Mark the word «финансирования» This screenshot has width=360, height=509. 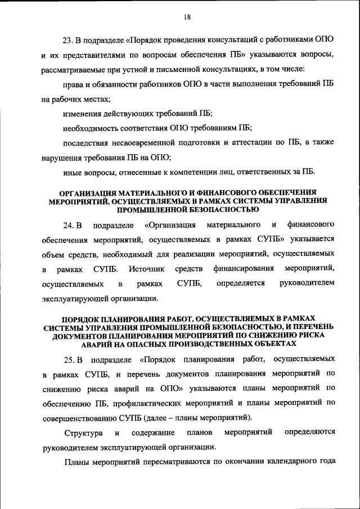(244, 269)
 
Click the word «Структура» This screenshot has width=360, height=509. (83, 433)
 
